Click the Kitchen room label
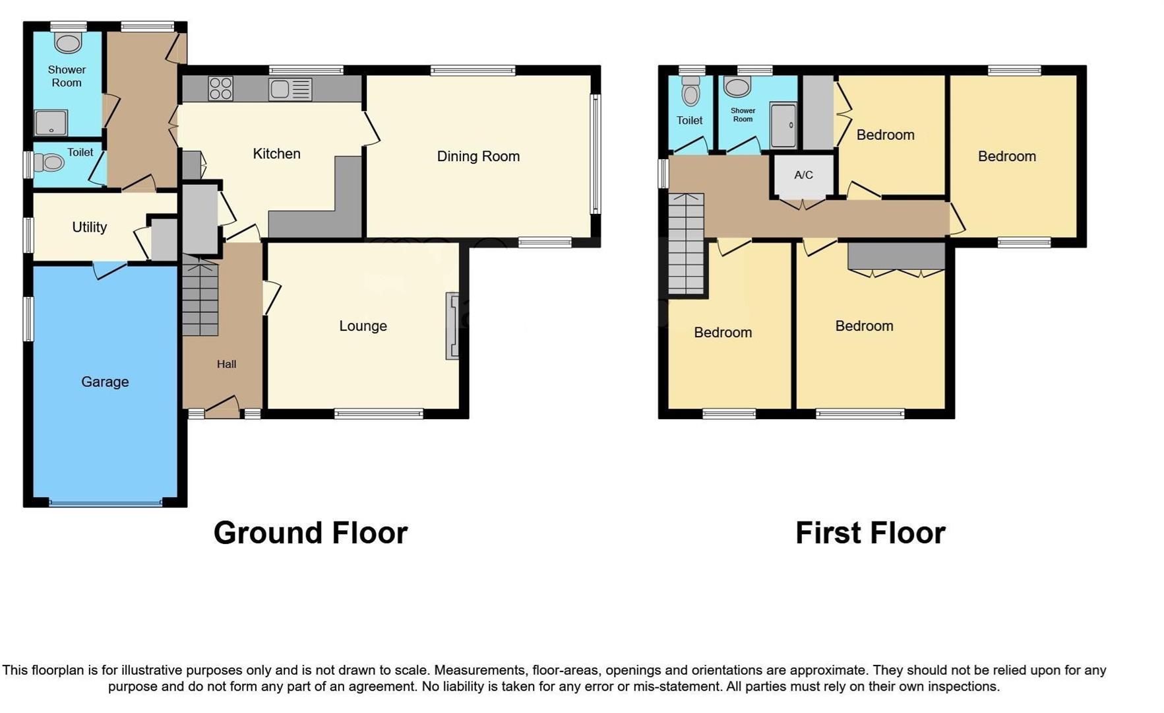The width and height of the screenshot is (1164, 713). click(x=276, y=154)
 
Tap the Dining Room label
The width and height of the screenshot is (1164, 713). click(x=478, y=156)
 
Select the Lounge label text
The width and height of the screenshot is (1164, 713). click(x=363, y=326)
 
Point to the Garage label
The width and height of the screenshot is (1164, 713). click(x=105, y=382)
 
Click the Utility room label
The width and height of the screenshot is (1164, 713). click(x=89, y=227)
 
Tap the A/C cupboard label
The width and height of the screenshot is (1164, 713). click(x=803, y=175)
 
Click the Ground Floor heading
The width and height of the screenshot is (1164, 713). click(x=311, y=533)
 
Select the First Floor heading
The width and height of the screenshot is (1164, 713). click(x=871, y=533)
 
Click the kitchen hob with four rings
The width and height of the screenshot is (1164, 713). click(x=220, y=88)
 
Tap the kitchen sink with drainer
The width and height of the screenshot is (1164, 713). click(x=290, y=89)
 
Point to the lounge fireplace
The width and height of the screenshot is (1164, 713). click(x=452, y=326)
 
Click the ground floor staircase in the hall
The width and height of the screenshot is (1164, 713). click(x=200, y=297)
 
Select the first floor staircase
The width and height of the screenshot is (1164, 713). click(x=686, y=244)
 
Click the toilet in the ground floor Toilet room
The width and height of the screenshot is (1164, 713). click(x=49, y=162)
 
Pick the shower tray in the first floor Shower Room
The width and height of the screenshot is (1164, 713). click(x=783, y=125)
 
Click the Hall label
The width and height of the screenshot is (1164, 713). click(x=226, y=364)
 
